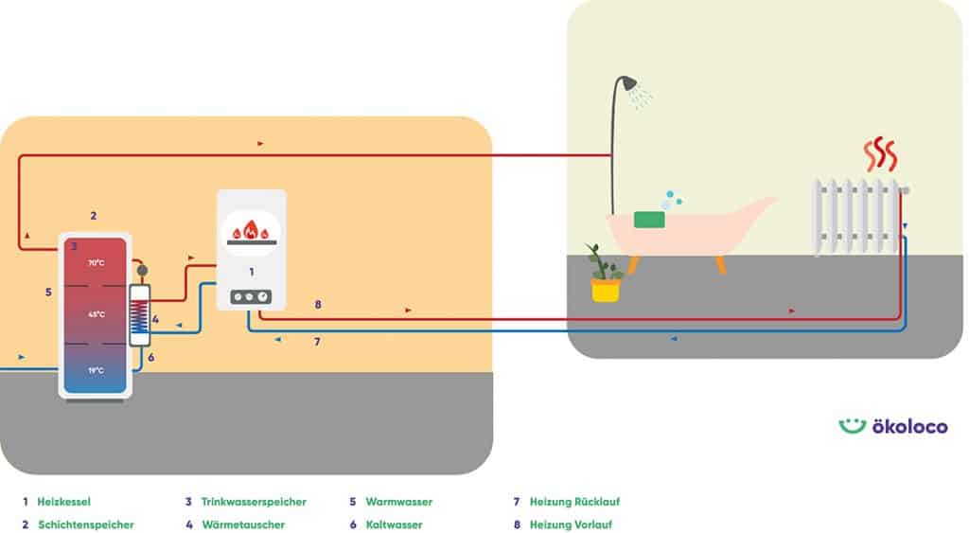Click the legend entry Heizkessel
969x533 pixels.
pyautogui.click(x=63, y=502)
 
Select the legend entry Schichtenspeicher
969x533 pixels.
pyautogui.click(x=85, y=524)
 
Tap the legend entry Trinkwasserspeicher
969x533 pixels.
pyautogui.click(x=245, y=502)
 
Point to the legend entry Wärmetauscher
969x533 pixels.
pyautogui.click(x=242, y=524)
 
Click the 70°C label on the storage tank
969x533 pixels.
pyautogui.click(x=96, y=262)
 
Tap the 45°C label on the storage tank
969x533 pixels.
pyautogui.click(x=96, y=314)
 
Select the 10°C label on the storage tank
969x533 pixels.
pyautogui.click(x=96, y=370)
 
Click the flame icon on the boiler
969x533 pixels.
pyautogui.click(x=251, y=230)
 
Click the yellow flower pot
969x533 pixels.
pyautogui.click(x=606, y=290)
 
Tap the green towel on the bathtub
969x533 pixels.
pyautogui.click(x=649, y=220)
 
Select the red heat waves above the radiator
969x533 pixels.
pyautogui.click(x=880, y=154)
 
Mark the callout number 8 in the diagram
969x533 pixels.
pyautogui.click(x=318, y=305)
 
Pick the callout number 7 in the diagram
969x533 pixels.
pyautogui.click(x=318, y=342)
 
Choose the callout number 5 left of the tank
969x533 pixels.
pyautogui.click(x=48, y=293)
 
